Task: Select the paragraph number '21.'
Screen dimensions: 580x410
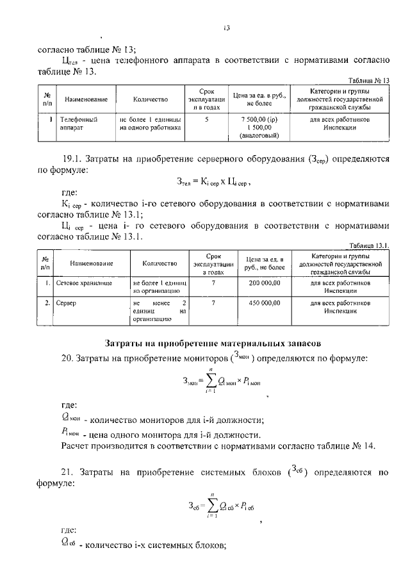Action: tap(69, 473)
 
